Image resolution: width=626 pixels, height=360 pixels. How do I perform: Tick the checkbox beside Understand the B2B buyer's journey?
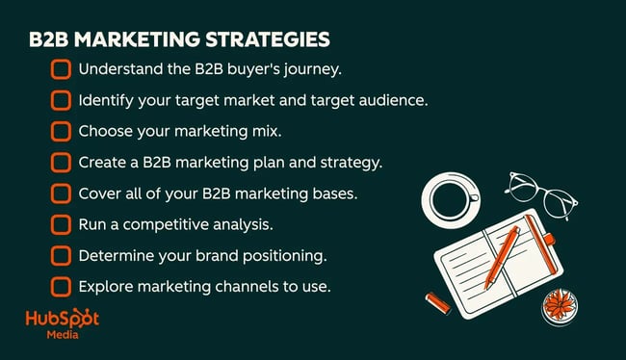(61, 69)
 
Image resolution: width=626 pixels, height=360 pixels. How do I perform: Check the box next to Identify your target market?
(61, 100)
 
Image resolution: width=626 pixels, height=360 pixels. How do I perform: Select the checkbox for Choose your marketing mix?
(61, 131)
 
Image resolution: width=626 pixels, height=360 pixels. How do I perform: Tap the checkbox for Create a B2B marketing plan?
(61, 163)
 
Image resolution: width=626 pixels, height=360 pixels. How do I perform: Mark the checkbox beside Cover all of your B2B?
(61, 193)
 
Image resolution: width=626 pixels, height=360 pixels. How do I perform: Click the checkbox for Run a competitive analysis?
(61, 224)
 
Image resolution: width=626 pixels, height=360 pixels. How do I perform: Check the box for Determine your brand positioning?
(61, 255)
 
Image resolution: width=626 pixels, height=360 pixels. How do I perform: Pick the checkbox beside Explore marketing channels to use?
(61, 286)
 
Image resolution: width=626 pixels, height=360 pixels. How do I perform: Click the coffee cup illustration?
(452, 198)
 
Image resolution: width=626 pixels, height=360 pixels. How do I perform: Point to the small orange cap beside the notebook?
(437, 301)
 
